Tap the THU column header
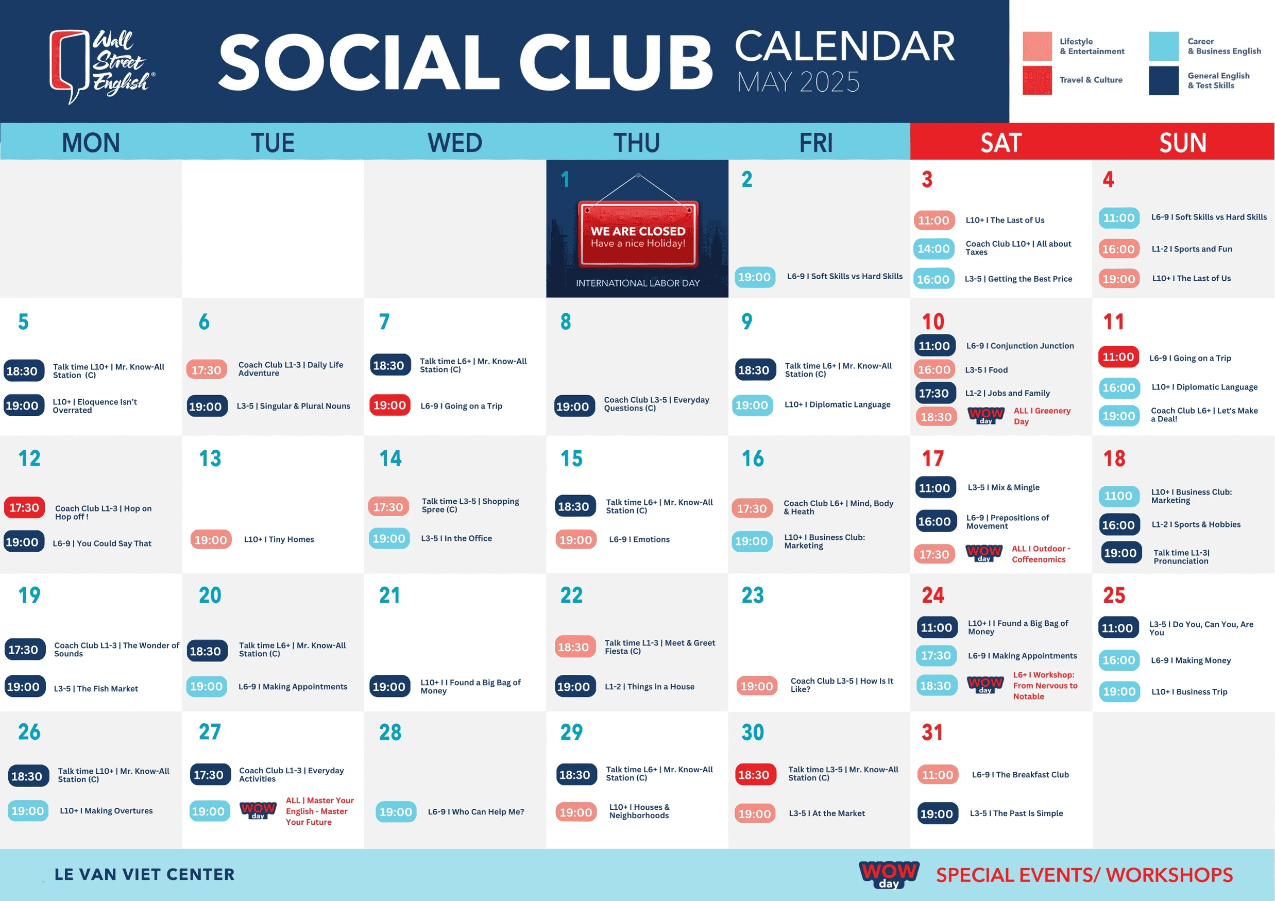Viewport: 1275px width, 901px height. click(636, 143)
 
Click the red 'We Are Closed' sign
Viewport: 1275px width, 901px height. click(638, 234)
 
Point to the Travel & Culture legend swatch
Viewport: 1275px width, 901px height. click(1038, 80)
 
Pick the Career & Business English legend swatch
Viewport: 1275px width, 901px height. click(1164, 46)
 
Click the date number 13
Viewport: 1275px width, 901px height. click(210, 458)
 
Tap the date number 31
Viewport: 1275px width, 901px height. click(932, 732)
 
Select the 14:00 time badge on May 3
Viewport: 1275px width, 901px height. click(934, 249)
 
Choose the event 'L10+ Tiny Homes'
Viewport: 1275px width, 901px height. click(279, 539)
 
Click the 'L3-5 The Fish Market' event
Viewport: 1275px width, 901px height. click(95, 688)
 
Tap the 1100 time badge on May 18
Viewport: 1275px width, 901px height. click(1118, 496)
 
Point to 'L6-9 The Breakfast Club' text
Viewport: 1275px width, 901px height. click(1020, 775)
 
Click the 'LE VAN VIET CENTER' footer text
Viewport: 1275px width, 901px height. click(144, 874)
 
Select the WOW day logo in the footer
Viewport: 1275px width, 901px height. click(889, 874)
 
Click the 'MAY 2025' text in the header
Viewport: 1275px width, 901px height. click(798, 82)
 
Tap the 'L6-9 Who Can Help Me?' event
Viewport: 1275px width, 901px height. click(476, 812)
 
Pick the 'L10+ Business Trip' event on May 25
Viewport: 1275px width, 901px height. click(1189, 692)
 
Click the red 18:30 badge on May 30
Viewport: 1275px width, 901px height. click(754, 775)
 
